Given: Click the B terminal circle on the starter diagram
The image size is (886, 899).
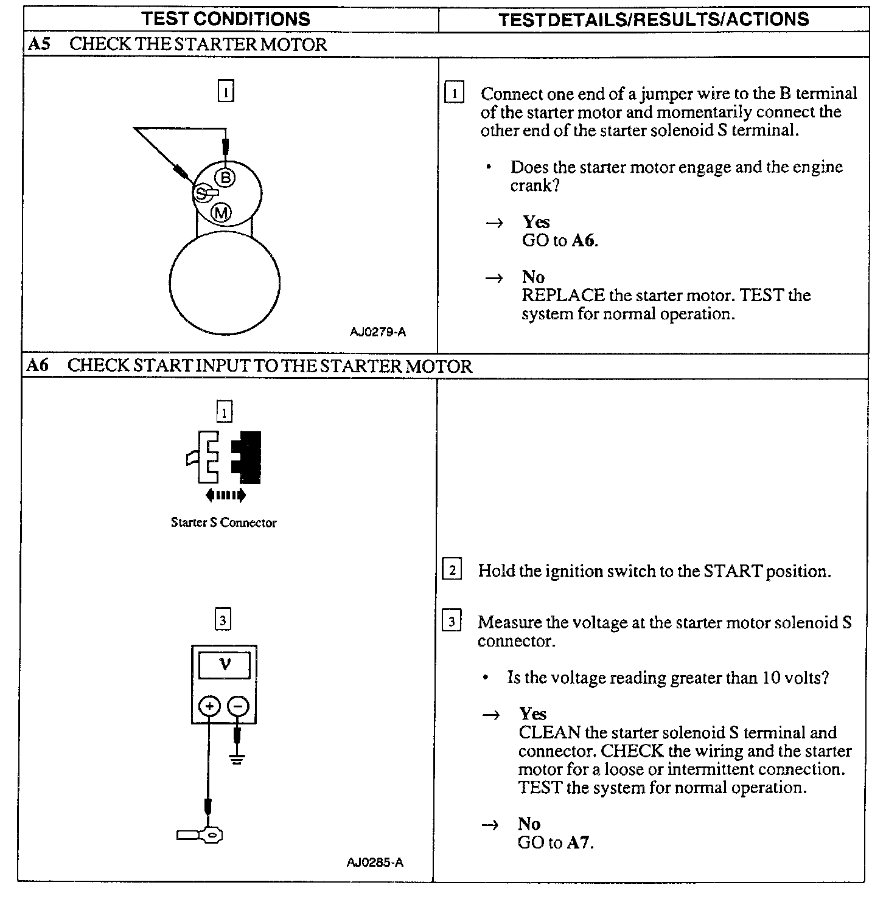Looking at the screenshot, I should (225, 177).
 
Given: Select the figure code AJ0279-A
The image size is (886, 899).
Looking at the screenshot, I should (377, 331).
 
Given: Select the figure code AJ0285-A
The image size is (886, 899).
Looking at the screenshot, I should (375, 862).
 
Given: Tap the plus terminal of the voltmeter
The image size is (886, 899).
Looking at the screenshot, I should (209, 706).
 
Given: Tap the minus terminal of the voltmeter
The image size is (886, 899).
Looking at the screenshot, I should (238, 706).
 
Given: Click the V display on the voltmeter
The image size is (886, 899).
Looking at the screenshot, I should (225, 664).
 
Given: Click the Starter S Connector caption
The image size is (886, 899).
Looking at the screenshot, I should (223, 522).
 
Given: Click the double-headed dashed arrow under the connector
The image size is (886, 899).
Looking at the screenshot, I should (225, 495).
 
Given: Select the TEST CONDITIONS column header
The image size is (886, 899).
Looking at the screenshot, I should (226, 19).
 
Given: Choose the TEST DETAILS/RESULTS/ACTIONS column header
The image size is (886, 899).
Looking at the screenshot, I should (654, 19).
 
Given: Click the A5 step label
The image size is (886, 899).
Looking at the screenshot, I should (38, 44).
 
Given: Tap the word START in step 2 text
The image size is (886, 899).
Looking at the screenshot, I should (733, 571).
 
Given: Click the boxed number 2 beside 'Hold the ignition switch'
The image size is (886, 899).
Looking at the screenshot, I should (452, 570).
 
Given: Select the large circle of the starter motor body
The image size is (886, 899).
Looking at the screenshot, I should (225, 283).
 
